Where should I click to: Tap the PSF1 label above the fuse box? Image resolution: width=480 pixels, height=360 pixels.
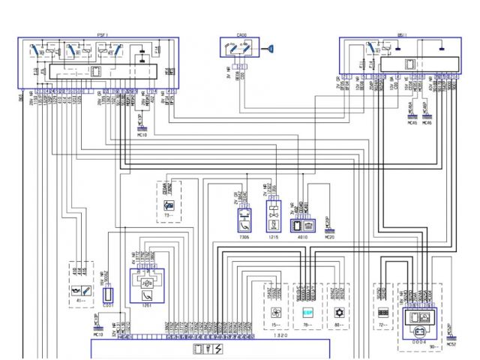coord(102,35)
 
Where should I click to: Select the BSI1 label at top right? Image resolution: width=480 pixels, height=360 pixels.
coord(402,35)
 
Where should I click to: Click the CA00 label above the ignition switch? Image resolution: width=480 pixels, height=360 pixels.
coord(241,35)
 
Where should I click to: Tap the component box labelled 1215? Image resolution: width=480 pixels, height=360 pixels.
coord(273,221)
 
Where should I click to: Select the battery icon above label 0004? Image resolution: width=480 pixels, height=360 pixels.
coord(414,318)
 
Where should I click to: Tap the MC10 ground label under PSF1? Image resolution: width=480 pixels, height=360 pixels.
coord(142,136)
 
